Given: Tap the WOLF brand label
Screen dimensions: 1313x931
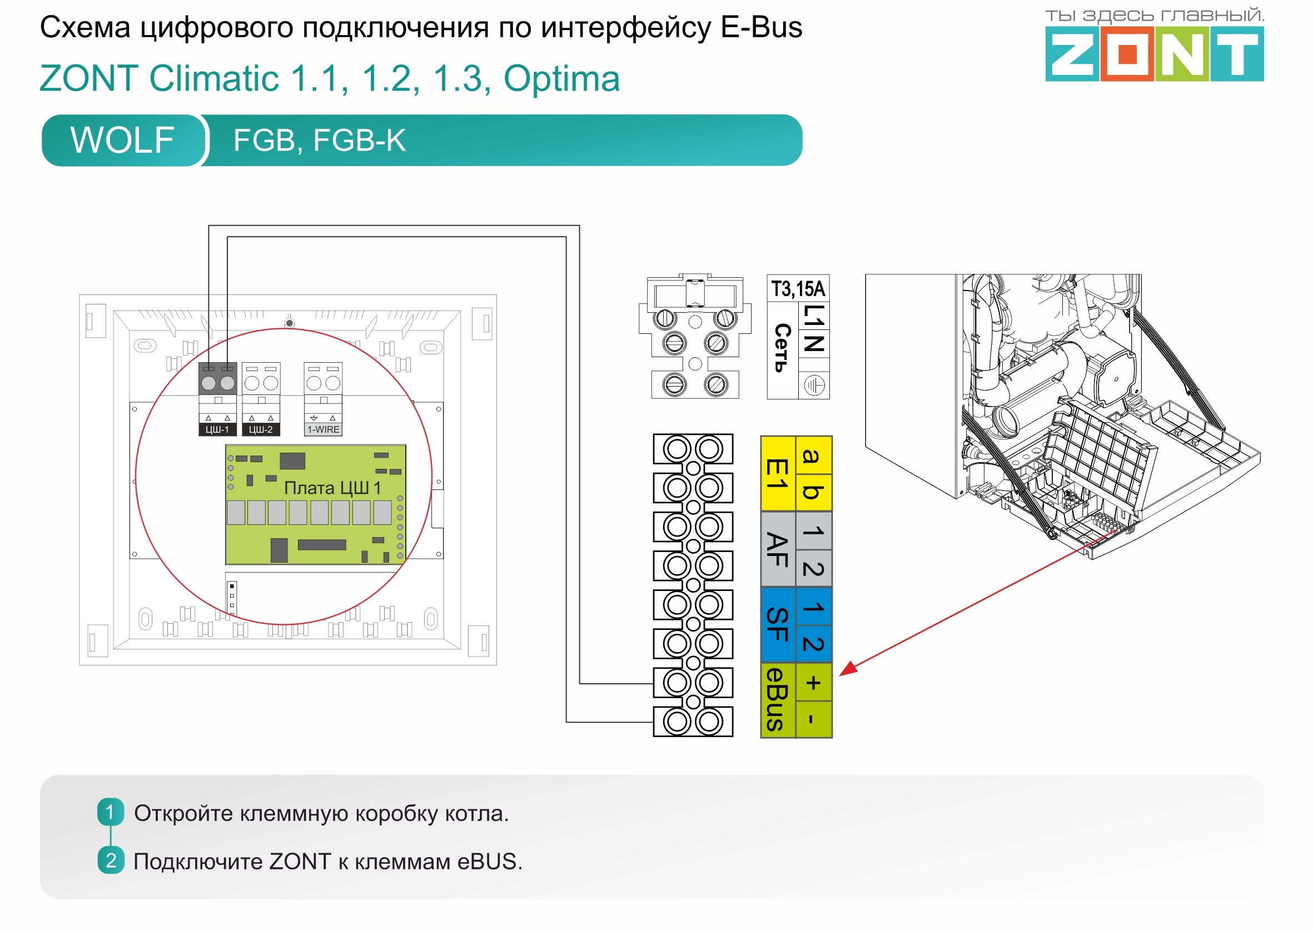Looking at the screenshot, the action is click(x=122, y=141).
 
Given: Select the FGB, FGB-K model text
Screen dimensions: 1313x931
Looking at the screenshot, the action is click(x=320, y=141).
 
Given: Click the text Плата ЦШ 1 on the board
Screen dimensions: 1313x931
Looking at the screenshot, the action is click(x=332, y=489).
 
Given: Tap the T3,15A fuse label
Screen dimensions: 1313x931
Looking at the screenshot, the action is click(x=798, y=289).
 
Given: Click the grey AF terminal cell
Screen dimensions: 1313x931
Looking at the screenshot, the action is click(x=778, y=550).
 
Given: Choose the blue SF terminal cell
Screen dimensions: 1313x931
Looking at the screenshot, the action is click(x=778, y=625).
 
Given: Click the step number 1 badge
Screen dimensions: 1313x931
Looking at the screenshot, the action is click(x=111, y=812).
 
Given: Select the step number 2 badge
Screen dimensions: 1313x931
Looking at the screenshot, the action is click(x=111, y=860).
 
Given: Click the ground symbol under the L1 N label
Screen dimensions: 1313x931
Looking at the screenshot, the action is click(x=814, y=386).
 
